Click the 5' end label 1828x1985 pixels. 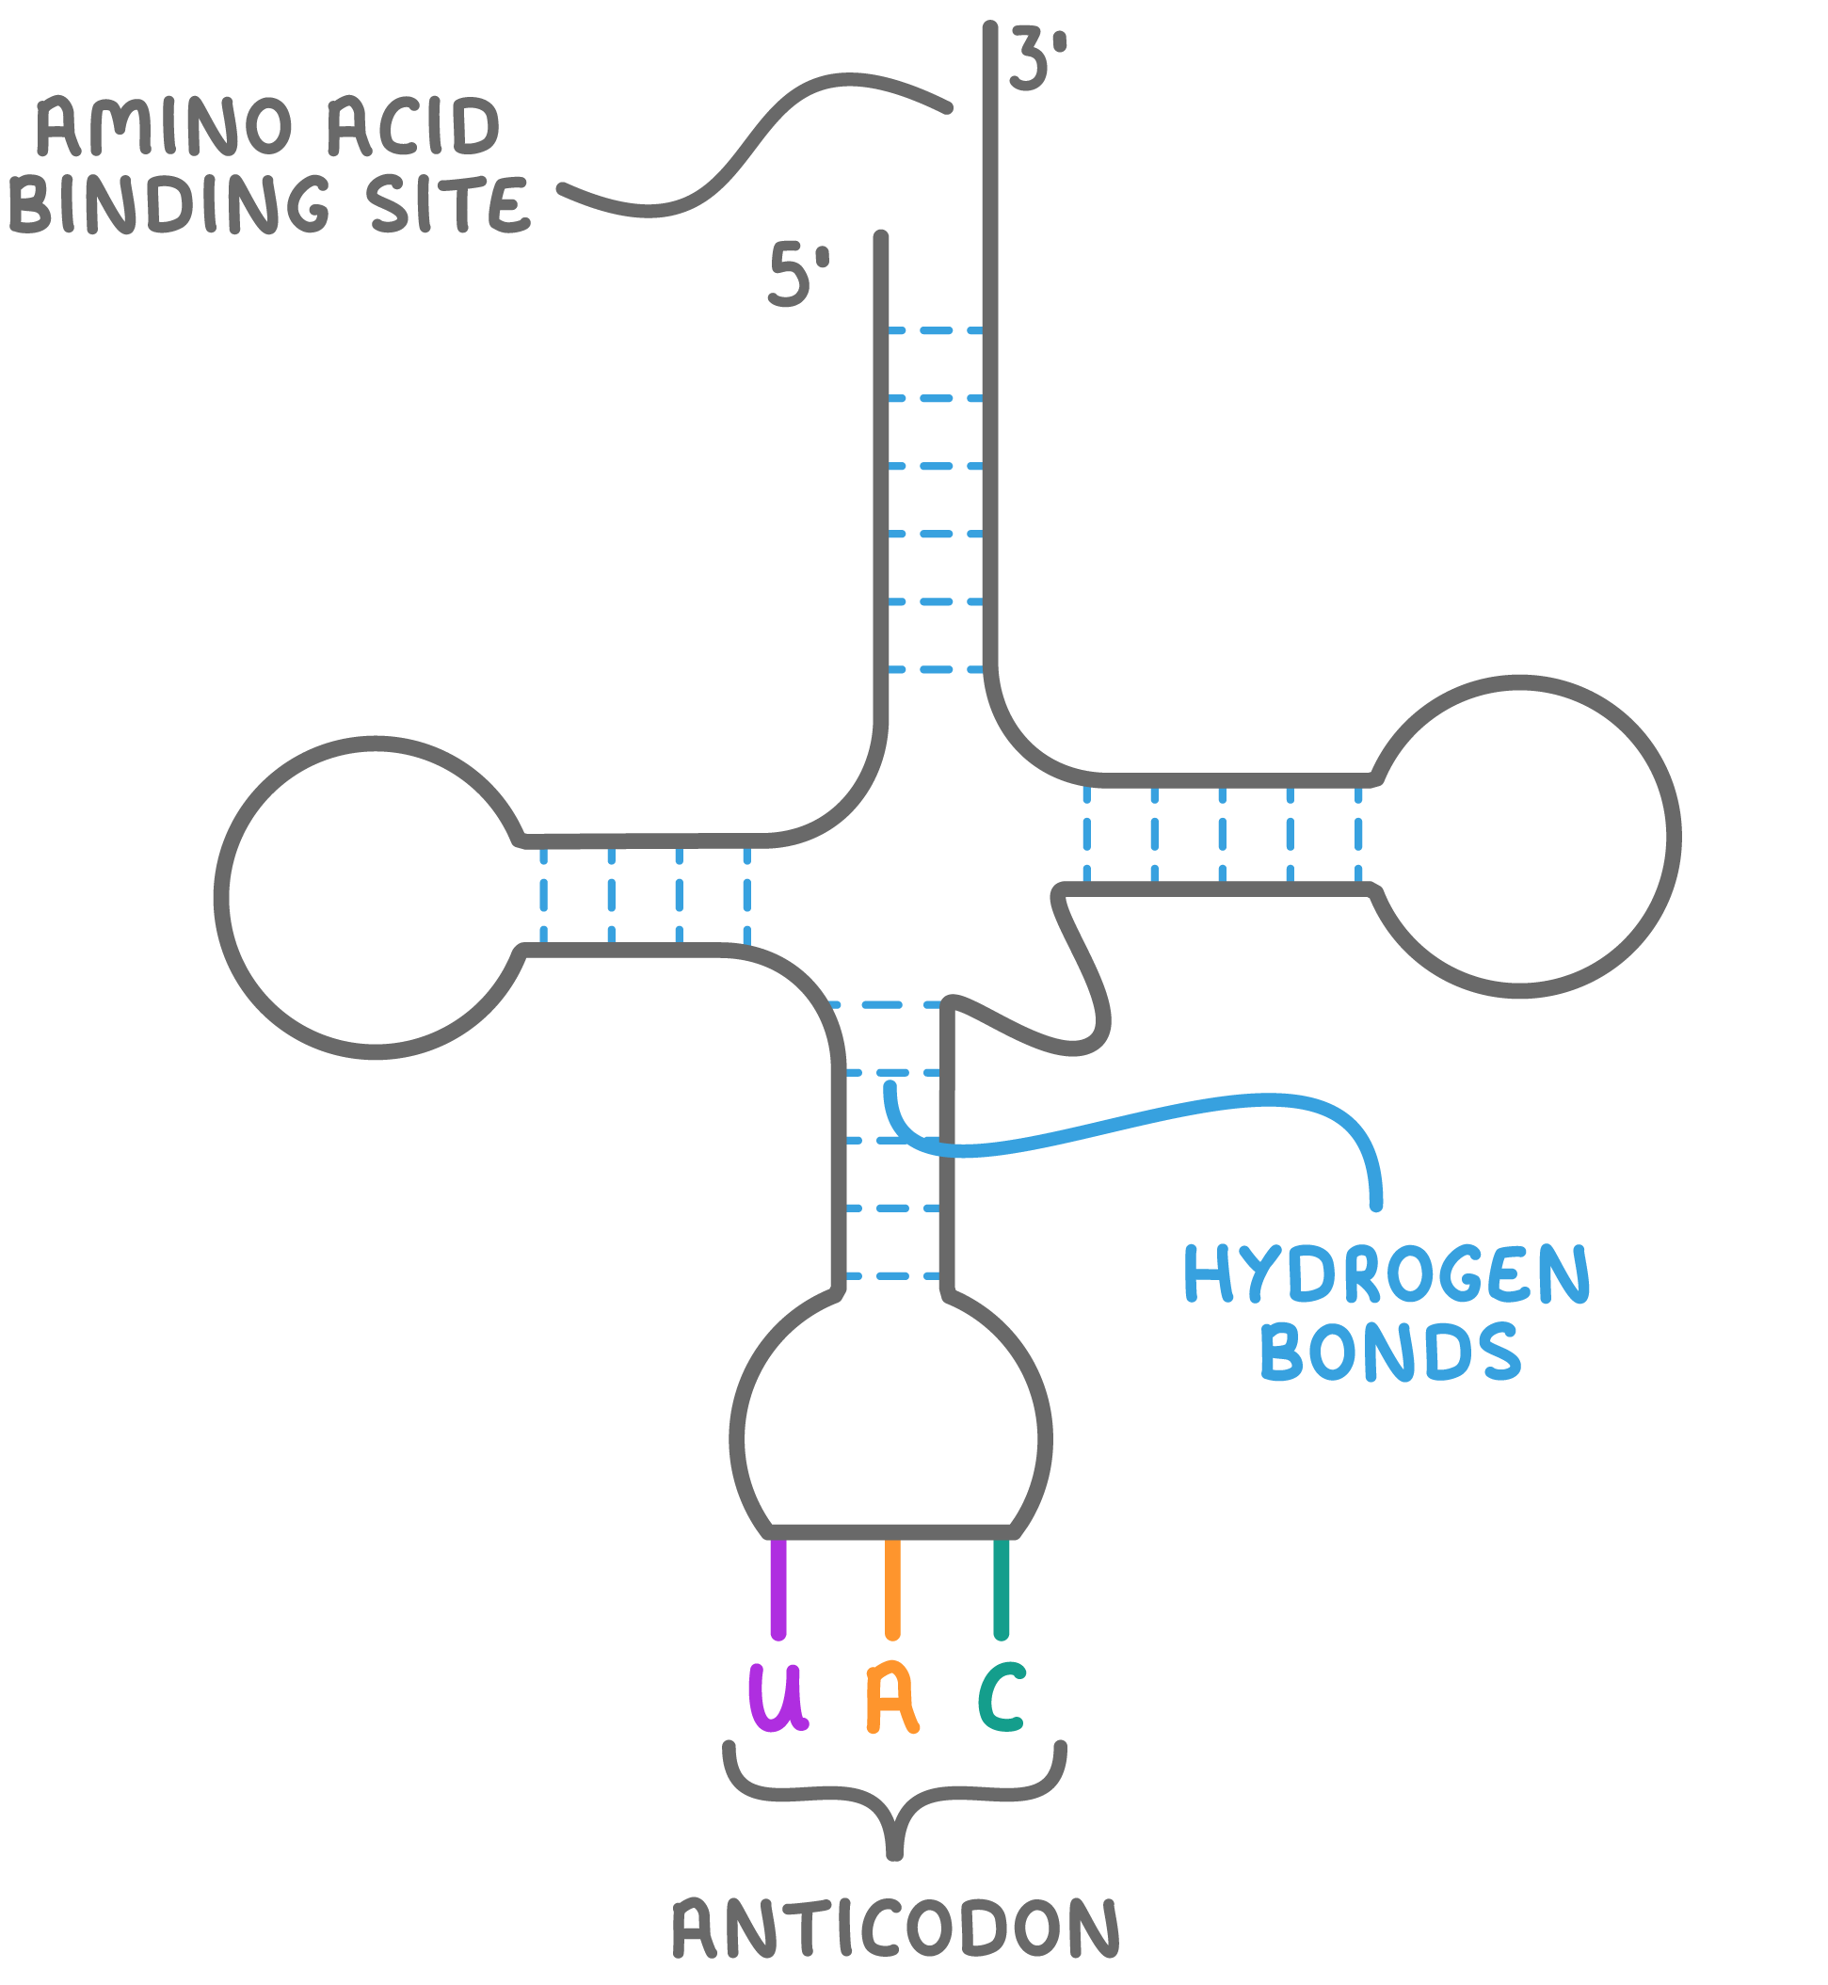[797, 276]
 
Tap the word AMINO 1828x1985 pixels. [164, 128]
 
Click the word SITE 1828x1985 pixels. [450, 205]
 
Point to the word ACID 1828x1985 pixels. [413, 128]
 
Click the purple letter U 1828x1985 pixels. [778, 1697]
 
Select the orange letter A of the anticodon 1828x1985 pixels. [892, 1699]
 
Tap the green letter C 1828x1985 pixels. [1002, 1697]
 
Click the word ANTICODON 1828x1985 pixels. [895, 1929]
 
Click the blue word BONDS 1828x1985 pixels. [1389, 1352]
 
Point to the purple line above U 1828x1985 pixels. [778, 1587]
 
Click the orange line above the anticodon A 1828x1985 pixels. [892, 1587]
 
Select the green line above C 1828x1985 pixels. [1001, 1587]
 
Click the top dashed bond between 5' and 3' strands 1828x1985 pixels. [936, 331]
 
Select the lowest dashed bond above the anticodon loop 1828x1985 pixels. [893, 1276]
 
